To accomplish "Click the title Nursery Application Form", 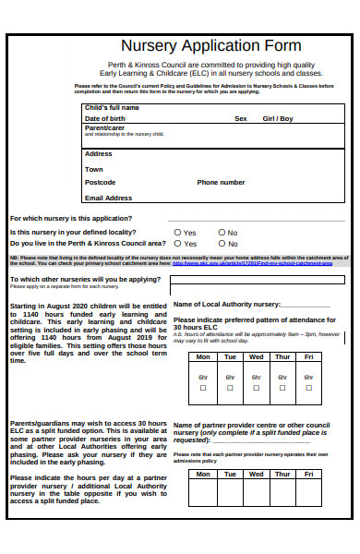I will click(x=211, y=46).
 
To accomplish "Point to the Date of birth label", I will click(x=104, y=119).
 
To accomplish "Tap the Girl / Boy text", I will click(x=278, y=119).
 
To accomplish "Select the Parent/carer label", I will click(x=104, y=128).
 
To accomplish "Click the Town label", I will click(x=94, y=169).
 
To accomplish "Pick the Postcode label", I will click(x=101, y=183).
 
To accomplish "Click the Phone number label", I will click(x=221, y=183).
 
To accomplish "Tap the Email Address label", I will click(x=108, y=198).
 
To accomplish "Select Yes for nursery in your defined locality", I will click(x=178, y=233).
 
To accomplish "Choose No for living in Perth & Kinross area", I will click(x=222, y=243).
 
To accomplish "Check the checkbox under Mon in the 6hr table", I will click(x=203, y=388).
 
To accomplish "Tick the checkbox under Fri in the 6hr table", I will click(x=309, y=388).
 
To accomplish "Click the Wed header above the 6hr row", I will click(x=256, y=356).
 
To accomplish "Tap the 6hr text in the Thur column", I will click(x=282, y=377).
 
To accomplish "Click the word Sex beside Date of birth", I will click(x=241, y=119).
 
